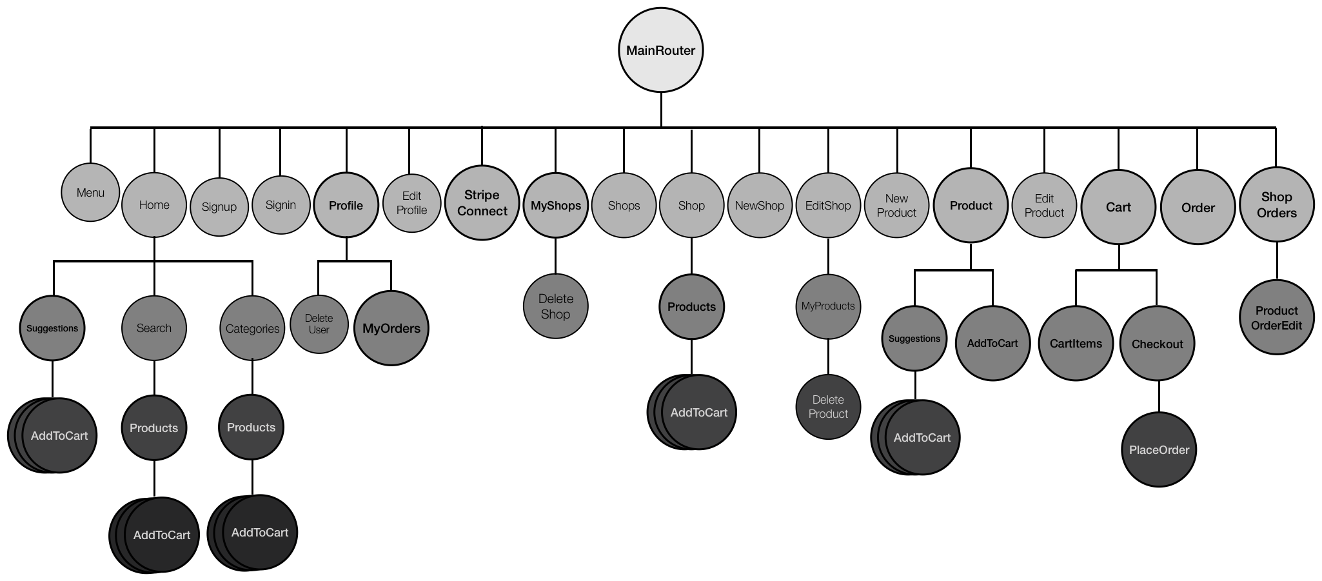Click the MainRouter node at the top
[x=660, y=50]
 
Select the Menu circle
[x=90, y=192]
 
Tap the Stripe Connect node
[x=482, y=203]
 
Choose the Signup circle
[x=219, y=207]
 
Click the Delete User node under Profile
[x=319, y=324]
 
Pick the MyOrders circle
[x=391, y=328]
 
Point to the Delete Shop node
[x=555, y=306]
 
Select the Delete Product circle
[x=828, y=407]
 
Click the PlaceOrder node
[x=1159, y=450]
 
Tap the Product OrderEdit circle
[x=1276, y=318]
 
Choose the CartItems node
[x=1076, y=344]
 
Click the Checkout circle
[x=1157, y=344]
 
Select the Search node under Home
[x=154, y=328]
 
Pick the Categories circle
[x=252, y=329]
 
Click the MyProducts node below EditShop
[x=828, y=306]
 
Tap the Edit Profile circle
[x=411, y=203]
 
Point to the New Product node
[x=896, y=206]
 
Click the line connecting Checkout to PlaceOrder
[x=1159, y=397]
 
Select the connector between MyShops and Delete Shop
[x=555, y=256]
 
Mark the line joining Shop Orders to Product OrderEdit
[x=1277, y=261]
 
